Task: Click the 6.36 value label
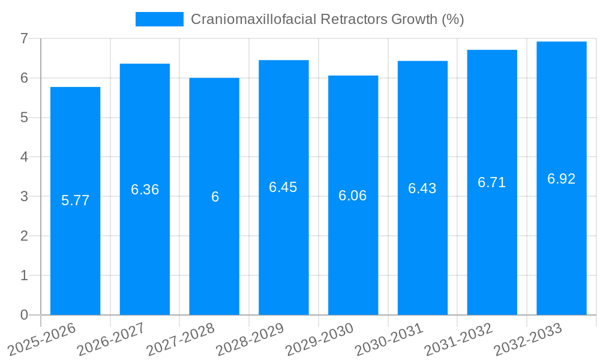(145, 190)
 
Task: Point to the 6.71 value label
(491, 182)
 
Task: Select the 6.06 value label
(352, 196)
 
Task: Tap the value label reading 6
(215, 197)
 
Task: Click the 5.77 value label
(75, 200)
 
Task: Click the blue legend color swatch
(159, 19)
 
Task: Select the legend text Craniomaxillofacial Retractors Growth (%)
(327, 19)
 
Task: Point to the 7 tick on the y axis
(24, 38)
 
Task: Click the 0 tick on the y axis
(24, 315)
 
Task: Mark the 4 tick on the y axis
(24, 157)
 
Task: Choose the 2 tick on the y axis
(24, 236)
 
